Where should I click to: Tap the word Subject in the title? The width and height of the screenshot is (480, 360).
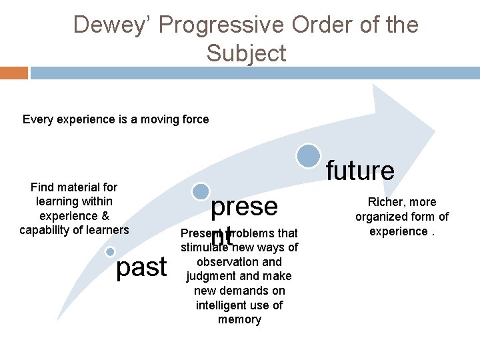pos(246,53)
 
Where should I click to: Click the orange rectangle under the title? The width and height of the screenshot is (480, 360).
pos(14,73)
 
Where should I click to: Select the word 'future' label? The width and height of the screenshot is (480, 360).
pos(360,171)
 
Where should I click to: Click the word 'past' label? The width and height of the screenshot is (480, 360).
pos(141,267)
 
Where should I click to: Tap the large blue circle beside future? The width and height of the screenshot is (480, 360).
pos(309,156)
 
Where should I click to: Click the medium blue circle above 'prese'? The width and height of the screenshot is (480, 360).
pos(200,192)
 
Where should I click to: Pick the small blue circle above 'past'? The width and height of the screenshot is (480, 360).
pos(110,251)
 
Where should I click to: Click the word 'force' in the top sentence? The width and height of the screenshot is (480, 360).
pos(193,120)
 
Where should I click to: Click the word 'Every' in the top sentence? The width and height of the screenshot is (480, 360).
pos(37,120)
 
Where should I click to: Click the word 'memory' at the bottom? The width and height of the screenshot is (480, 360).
pos(239,320)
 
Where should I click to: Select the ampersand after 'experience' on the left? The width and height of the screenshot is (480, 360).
pos(105,216)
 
